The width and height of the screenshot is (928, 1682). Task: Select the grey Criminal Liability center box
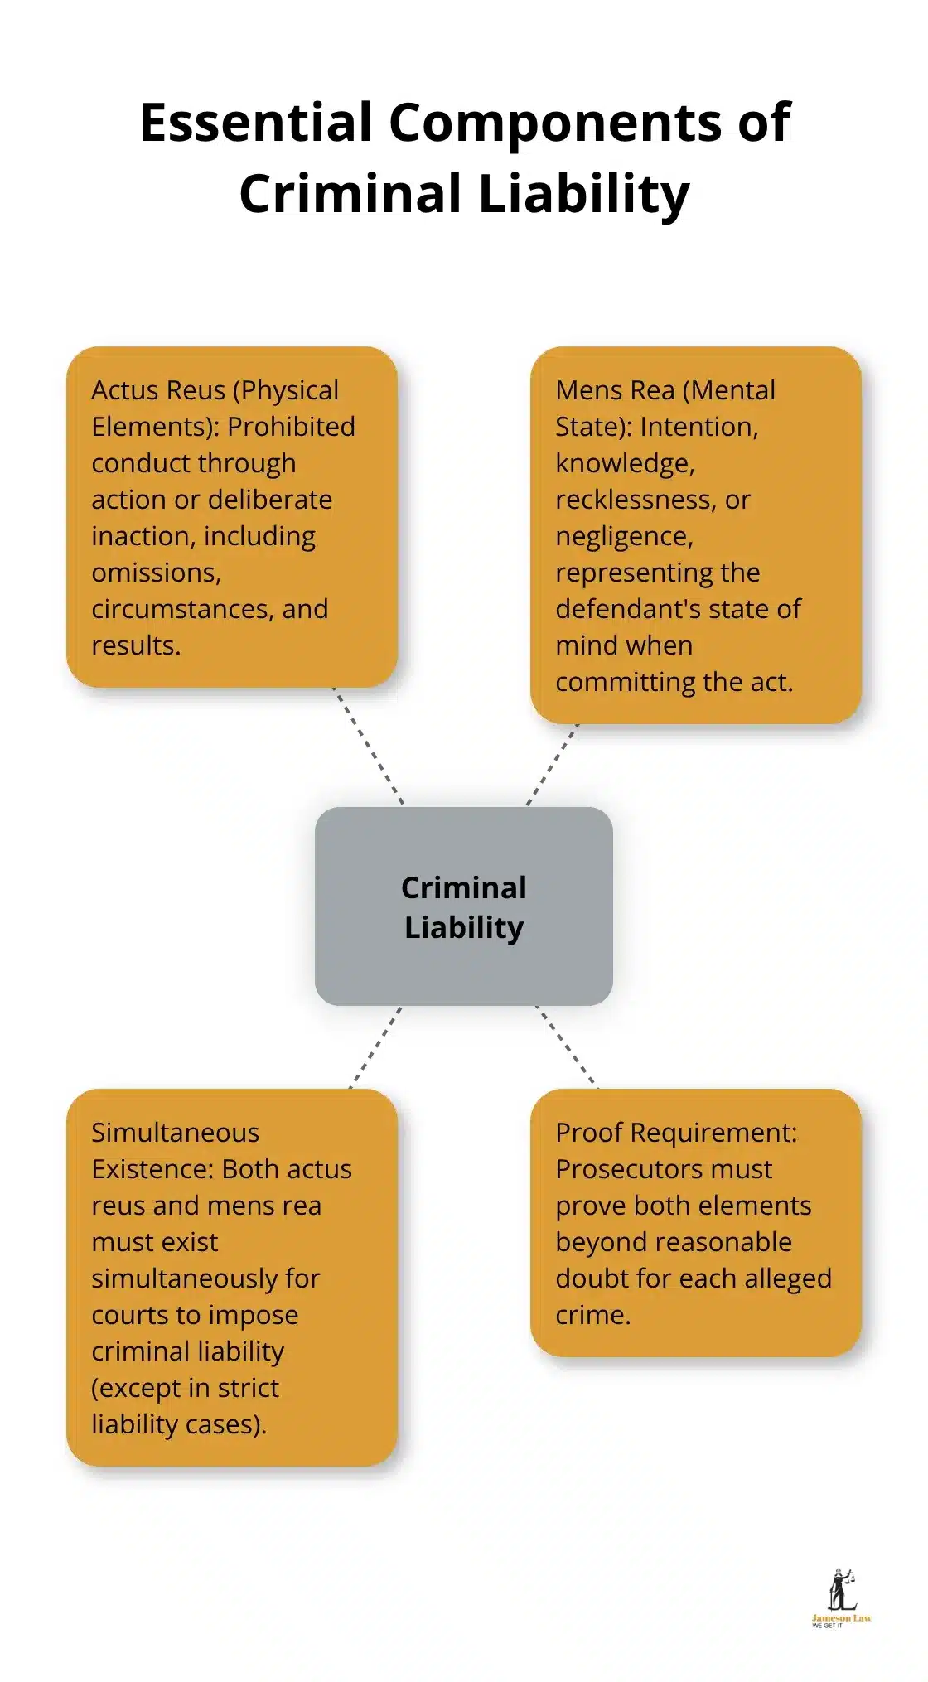pos(464,906)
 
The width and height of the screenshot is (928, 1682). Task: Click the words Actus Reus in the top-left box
pos(158,390)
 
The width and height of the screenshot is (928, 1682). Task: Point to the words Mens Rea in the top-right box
pos(615,390)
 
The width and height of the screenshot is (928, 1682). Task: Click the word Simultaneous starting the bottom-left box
pos(175,1133)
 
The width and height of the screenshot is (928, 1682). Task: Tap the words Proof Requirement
pos(676,1133)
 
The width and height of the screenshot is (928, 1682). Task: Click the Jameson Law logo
pos(841,1598)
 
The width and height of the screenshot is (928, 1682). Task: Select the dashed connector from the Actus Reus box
pos(368,745)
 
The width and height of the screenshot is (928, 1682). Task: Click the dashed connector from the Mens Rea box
pos(553,764)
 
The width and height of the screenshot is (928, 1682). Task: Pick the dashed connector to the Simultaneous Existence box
pos(375,1047)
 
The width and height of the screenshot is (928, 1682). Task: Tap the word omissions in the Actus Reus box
pos(155,573)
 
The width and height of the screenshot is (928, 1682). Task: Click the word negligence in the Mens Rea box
pos(622,537)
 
